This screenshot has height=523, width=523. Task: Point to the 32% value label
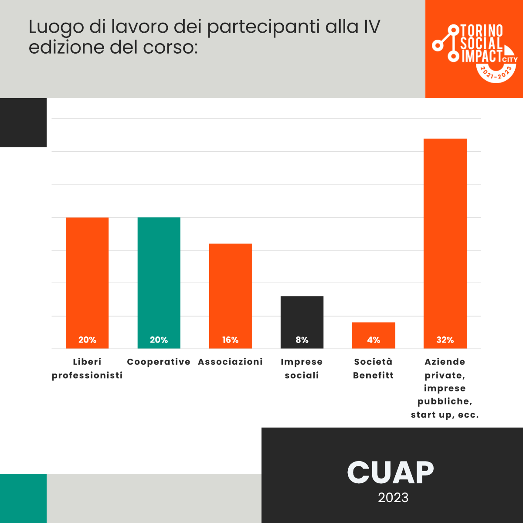point(445,340)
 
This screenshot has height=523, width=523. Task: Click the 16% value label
point(230,340)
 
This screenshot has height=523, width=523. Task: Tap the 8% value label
point(302,340)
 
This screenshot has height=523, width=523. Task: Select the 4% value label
point(374,340)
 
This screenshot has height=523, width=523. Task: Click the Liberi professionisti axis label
point(87,369)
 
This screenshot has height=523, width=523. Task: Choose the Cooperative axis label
point(159,362)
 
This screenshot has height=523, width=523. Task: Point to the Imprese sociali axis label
point(302,369)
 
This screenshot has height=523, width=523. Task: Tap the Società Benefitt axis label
point(374,369)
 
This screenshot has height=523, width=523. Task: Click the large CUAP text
point(391,472)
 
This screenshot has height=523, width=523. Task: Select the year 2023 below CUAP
point(393,498)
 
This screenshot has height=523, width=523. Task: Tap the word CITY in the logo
point(510,60)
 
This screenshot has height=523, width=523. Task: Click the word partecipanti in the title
point(264,27)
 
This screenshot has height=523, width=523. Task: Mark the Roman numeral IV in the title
point(372,27)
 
